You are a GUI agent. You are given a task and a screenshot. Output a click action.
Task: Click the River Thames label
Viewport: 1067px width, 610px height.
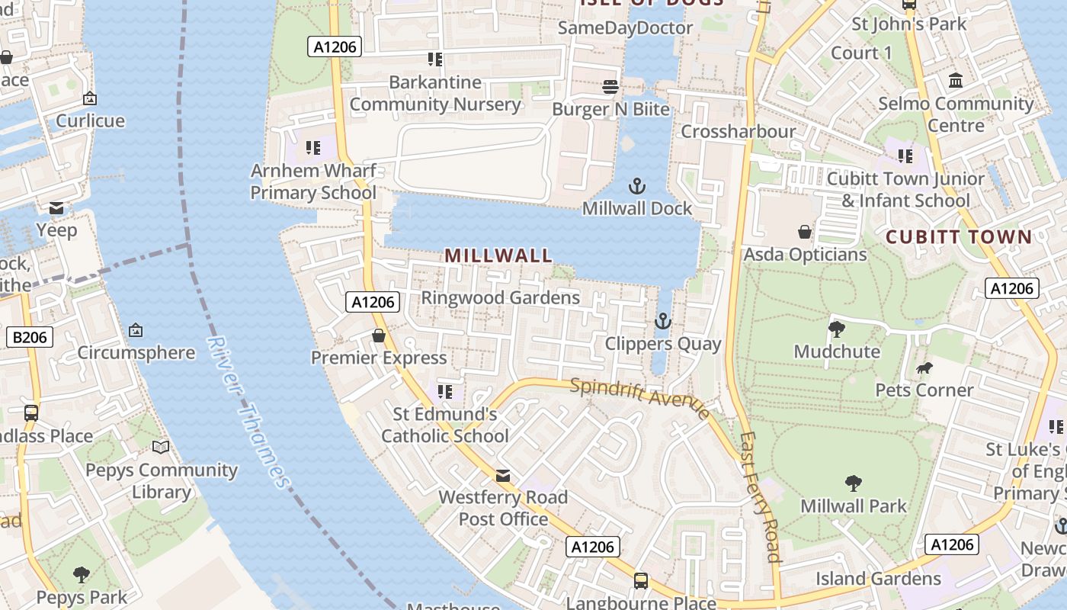click(248, 412)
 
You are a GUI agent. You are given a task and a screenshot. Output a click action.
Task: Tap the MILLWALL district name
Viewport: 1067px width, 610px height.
click(498, 255)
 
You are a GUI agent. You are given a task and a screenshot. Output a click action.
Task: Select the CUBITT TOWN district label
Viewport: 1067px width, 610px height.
click(959, 236)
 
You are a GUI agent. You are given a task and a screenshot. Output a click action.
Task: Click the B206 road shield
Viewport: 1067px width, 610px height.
click(29, 337)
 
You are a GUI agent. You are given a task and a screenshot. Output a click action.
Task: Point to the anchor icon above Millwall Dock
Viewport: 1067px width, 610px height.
click(636, 186)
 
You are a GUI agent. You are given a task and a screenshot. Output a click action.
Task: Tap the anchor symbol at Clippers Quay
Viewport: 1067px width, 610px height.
click(662, 322)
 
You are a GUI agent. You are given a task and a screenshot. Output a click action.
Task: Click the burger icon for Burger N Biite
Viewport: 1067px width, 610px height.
click(610, 87)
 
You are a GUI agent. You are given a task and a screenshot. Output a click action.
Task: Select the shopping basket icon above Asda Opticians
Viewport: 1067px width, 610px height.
click(805, 232)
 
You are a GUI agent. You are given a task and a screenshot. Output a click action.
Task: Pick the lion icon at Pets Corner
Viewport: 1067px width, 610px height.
click(924, 369)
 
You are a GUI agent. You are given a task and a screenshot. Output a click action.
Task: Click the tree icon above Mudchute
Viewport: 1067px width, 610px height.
click(837, 329)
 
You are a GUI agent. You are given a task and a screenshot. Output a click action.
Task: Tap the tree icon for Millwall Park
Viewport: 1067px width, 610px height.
click(854, 483)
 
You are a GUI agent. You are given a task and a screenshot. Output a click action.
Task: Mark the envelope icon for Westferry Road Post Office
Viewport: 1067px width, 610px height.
click(503, 476)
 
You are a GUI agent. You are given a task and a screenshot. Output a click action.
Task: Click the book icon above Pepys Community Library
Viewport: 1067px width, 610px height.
click(161, 448)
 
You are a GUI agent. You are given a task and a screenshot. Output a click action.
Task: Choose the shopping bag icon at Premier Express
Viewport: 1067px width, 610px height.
click(379, 335)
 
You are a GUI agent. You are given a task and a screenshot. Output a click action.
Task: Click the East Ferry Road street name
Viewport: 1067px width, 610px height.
click(761, 497)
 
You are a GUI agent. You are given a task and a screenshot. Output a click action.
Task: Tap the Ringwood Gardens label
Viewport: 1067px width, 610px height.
click(501, 297)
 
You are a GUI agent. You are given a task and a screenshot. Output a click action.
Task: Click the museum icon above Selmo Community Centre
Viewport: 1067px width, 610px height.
click(955, 81)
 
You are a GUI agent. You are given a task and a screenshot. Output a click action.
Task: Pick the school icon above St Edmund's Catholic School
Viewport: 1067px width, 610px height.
click(445, 392)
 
